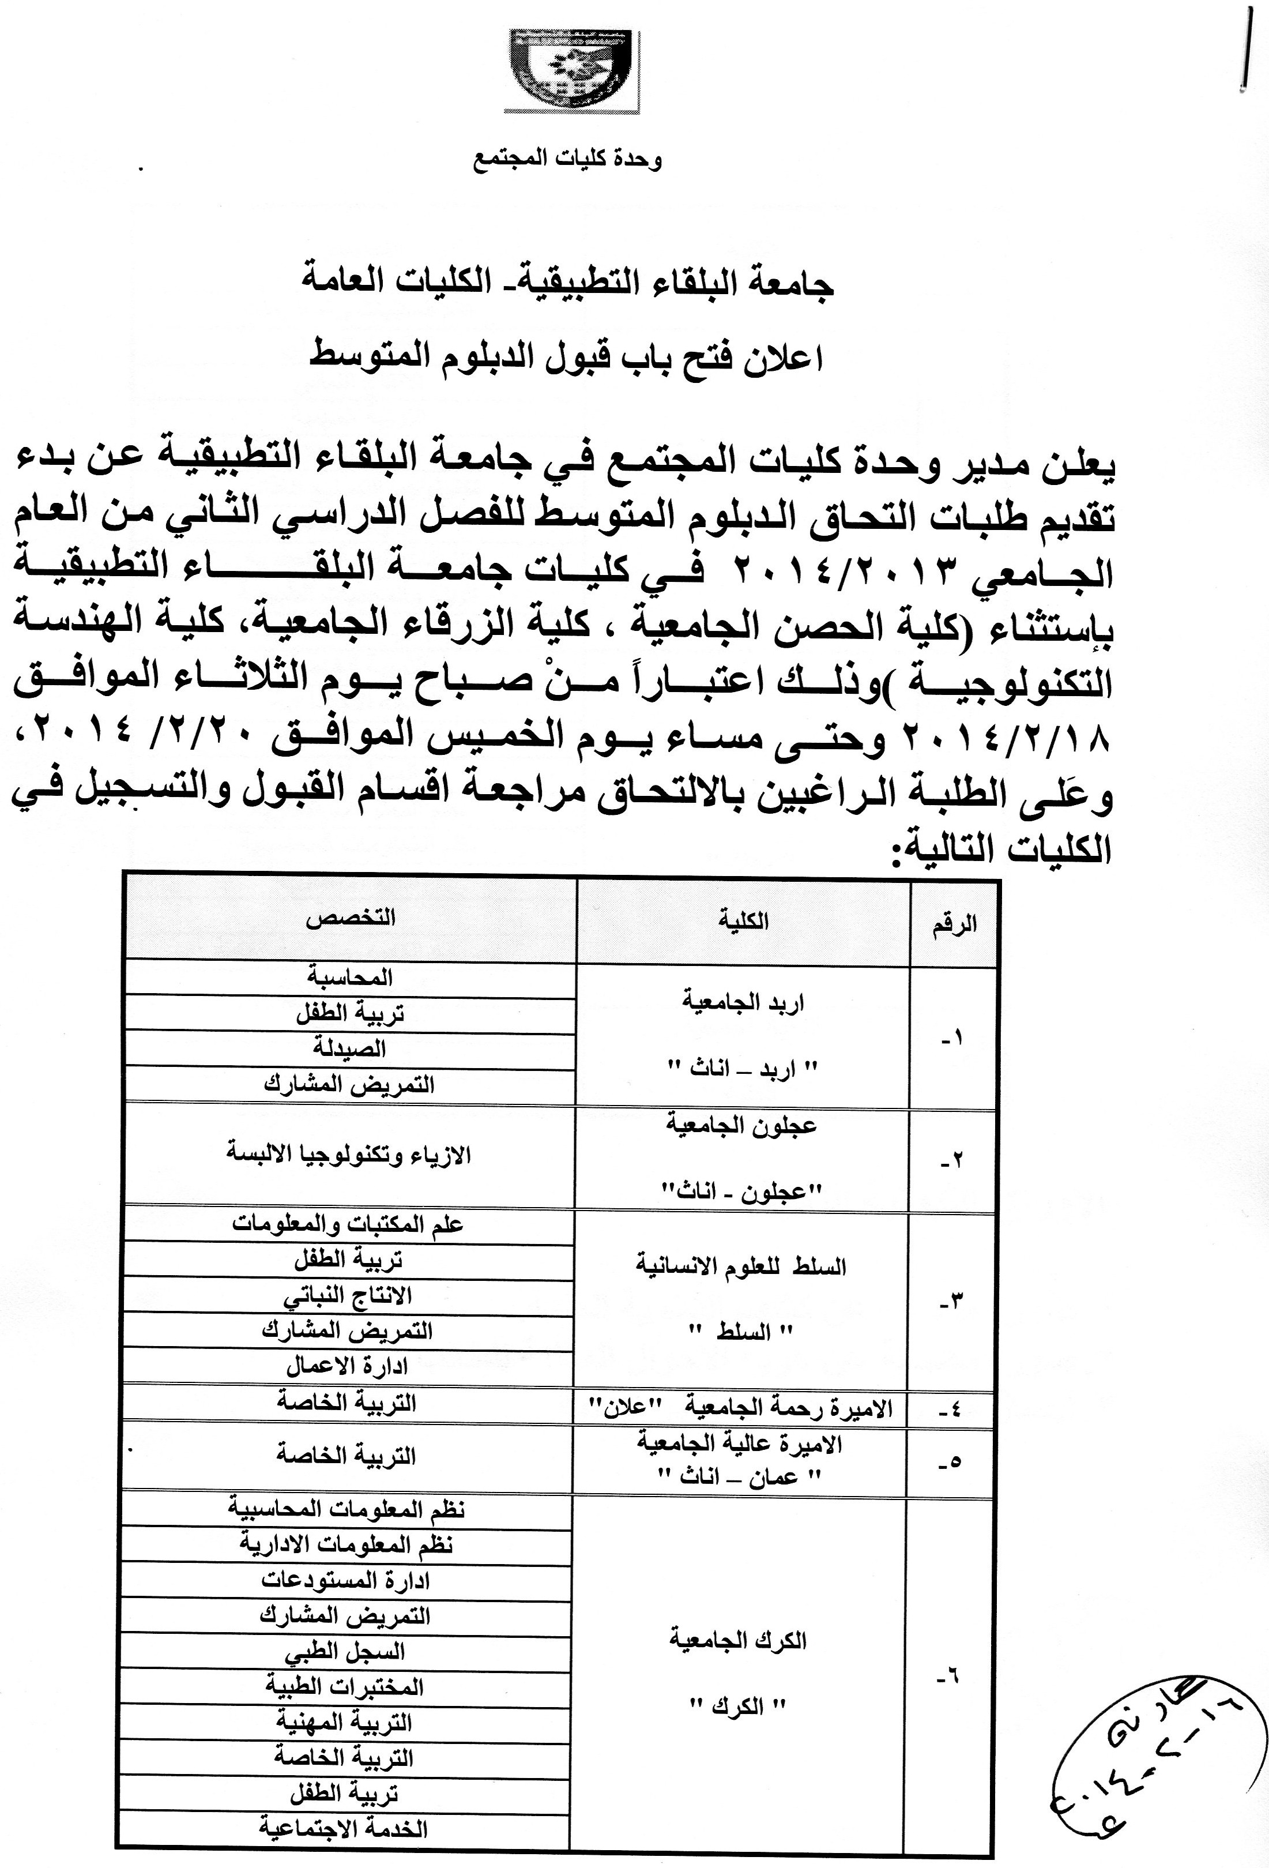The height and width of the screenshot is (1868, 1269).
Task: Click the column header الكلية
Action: [x=743, y=920]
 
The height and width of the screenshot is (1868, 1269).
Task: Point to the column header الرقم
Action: [x=954, y=923]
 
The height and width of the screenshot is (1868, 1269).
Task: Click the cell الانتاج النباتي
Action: [x=348, y=1296]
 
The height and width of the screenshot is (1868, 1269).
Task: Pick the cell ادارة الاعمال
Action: [x=347, y=1366]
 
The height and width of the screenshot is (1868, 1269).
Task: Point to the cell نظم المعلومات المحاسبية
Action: [x=347, y=1509]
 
